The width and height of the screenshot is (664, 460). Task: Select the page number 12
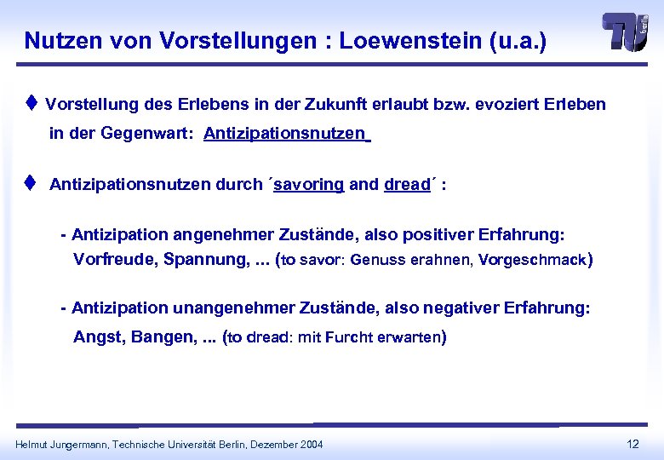633,444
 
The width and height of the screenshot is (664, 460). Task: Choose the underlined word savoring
308,184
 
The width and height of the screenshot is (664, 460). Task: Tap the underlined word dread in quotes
406,184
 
